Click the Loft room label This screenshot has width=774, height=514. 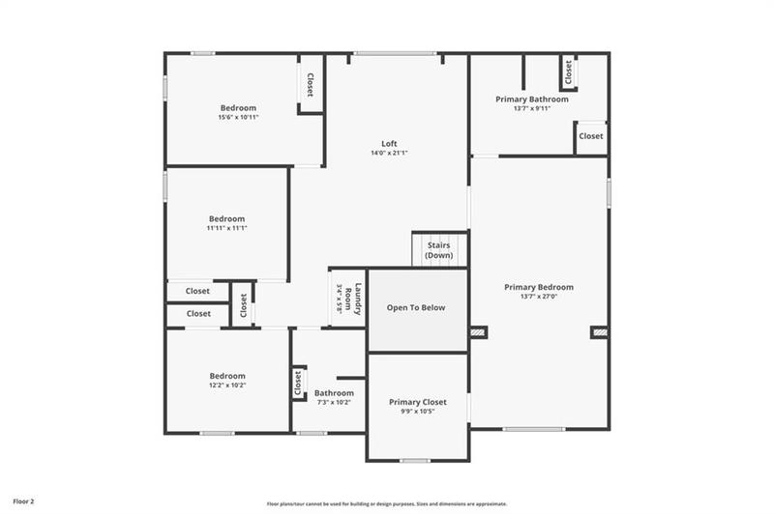click(x=389, y=144)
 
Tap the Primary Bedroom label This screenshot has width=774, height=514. click(x=539, y=287)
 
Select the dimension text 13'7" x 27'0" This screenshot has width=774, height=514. click(x=539, y=297)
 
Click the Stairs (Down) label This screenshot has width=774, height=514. click(x=438, y=250)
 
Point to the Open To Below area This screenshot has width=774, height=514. click(x=416, y=308)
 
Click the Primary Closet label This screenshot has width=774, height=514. click(x=418, y=401)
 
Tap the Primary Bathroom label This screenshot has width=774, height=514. click(x=531, y=99)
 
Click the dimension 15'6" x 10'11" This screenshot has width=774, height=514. click(x=238, y=117)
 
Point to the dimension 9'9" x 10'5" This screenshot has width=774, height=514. click(x=418, y=411)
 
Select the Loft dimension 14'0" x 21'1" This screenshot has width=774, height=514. click(x=389, y=154)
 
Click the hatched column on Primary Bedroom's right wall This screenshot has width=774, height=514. click(x=600, y=332)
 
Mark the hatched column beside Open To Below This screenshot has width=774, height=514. click(x=478, y=332)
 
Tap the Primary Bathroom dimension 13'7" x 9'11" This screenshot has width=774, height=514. click(x=531, y=108)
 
